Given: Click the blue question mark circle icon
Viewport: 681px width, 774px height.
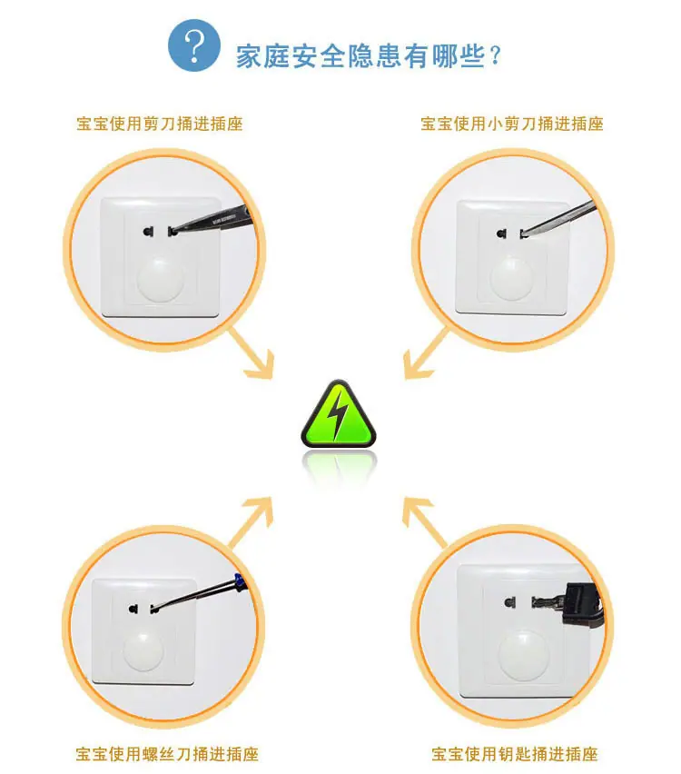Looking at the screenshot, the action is click(x=194, y=45).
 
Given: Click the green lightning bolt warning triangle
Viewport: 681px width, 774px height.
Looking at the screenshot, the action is click(x=339, y=413).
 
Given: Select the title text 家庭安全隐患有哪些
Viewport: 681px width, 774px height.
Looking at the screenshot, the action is click(x=360, y=55).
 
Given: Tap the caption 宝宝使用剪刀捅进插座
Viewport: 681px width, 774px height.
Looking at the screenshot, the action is click(x=160, y=124).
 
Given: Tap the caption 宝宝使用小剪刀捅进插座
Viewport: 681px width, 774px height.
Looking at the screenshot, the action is click(x=512, y=124).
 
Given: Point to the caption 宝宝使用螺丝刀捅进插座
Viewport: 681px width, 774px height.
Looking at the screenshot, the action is click(x=167, y=754).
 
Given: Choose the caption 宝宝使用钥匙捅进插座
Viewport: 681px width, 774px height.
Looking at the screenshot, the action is click(x=515, y=754).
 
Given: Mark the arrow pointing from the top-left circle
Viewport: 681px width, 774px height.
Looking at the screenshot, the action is click(x=252, y=354).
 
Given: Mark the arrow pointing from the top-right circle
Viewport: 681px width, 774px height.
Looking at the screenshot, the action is click(x=425, y=354).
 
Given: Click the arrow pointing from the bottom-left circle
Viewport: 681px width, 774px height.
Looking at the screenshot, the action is click(x=252, y=521).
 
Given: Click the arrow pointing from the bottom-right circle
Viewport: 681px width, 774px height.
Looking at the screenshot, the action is click(x=425, y=521).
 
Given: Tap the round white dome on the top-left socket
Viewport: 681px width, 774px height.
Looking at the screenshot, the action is click(x=161, y=278).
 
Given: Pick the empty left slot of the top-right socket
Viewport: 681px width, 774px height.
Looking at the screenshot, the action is click(x=502, y=233).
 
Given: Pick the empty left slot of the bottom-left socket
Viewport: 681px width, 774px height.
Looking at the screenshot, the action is click(x=133, y=609).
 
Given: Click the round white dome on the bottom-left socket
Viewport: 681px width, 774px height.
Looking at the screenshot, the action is click(x=143, y=650).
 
